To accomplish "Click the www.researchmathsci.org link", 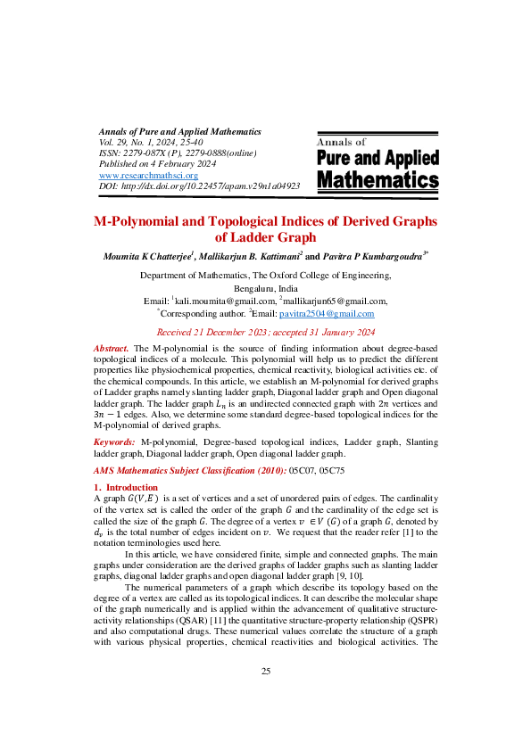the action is click(x=147, y=175).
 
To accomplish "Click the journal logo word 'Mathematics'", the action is click(x=378, y=181).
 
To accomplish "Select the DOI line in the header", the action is click(x=199, y=186).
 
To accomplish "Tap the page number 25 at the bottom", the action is click(x=265, y=697).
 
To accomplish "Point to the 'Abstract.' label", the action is click(x=112, y=346).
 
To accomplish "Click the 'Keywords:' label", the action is click(x=115, y=442).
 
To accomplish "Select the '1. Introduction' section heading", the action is click(x=125, y=487).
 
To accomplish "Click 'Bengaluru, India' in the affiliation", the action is click(x=265, y=289).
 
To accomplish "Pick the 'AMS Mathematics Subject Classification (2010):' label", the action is click(x=189, y=470).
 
